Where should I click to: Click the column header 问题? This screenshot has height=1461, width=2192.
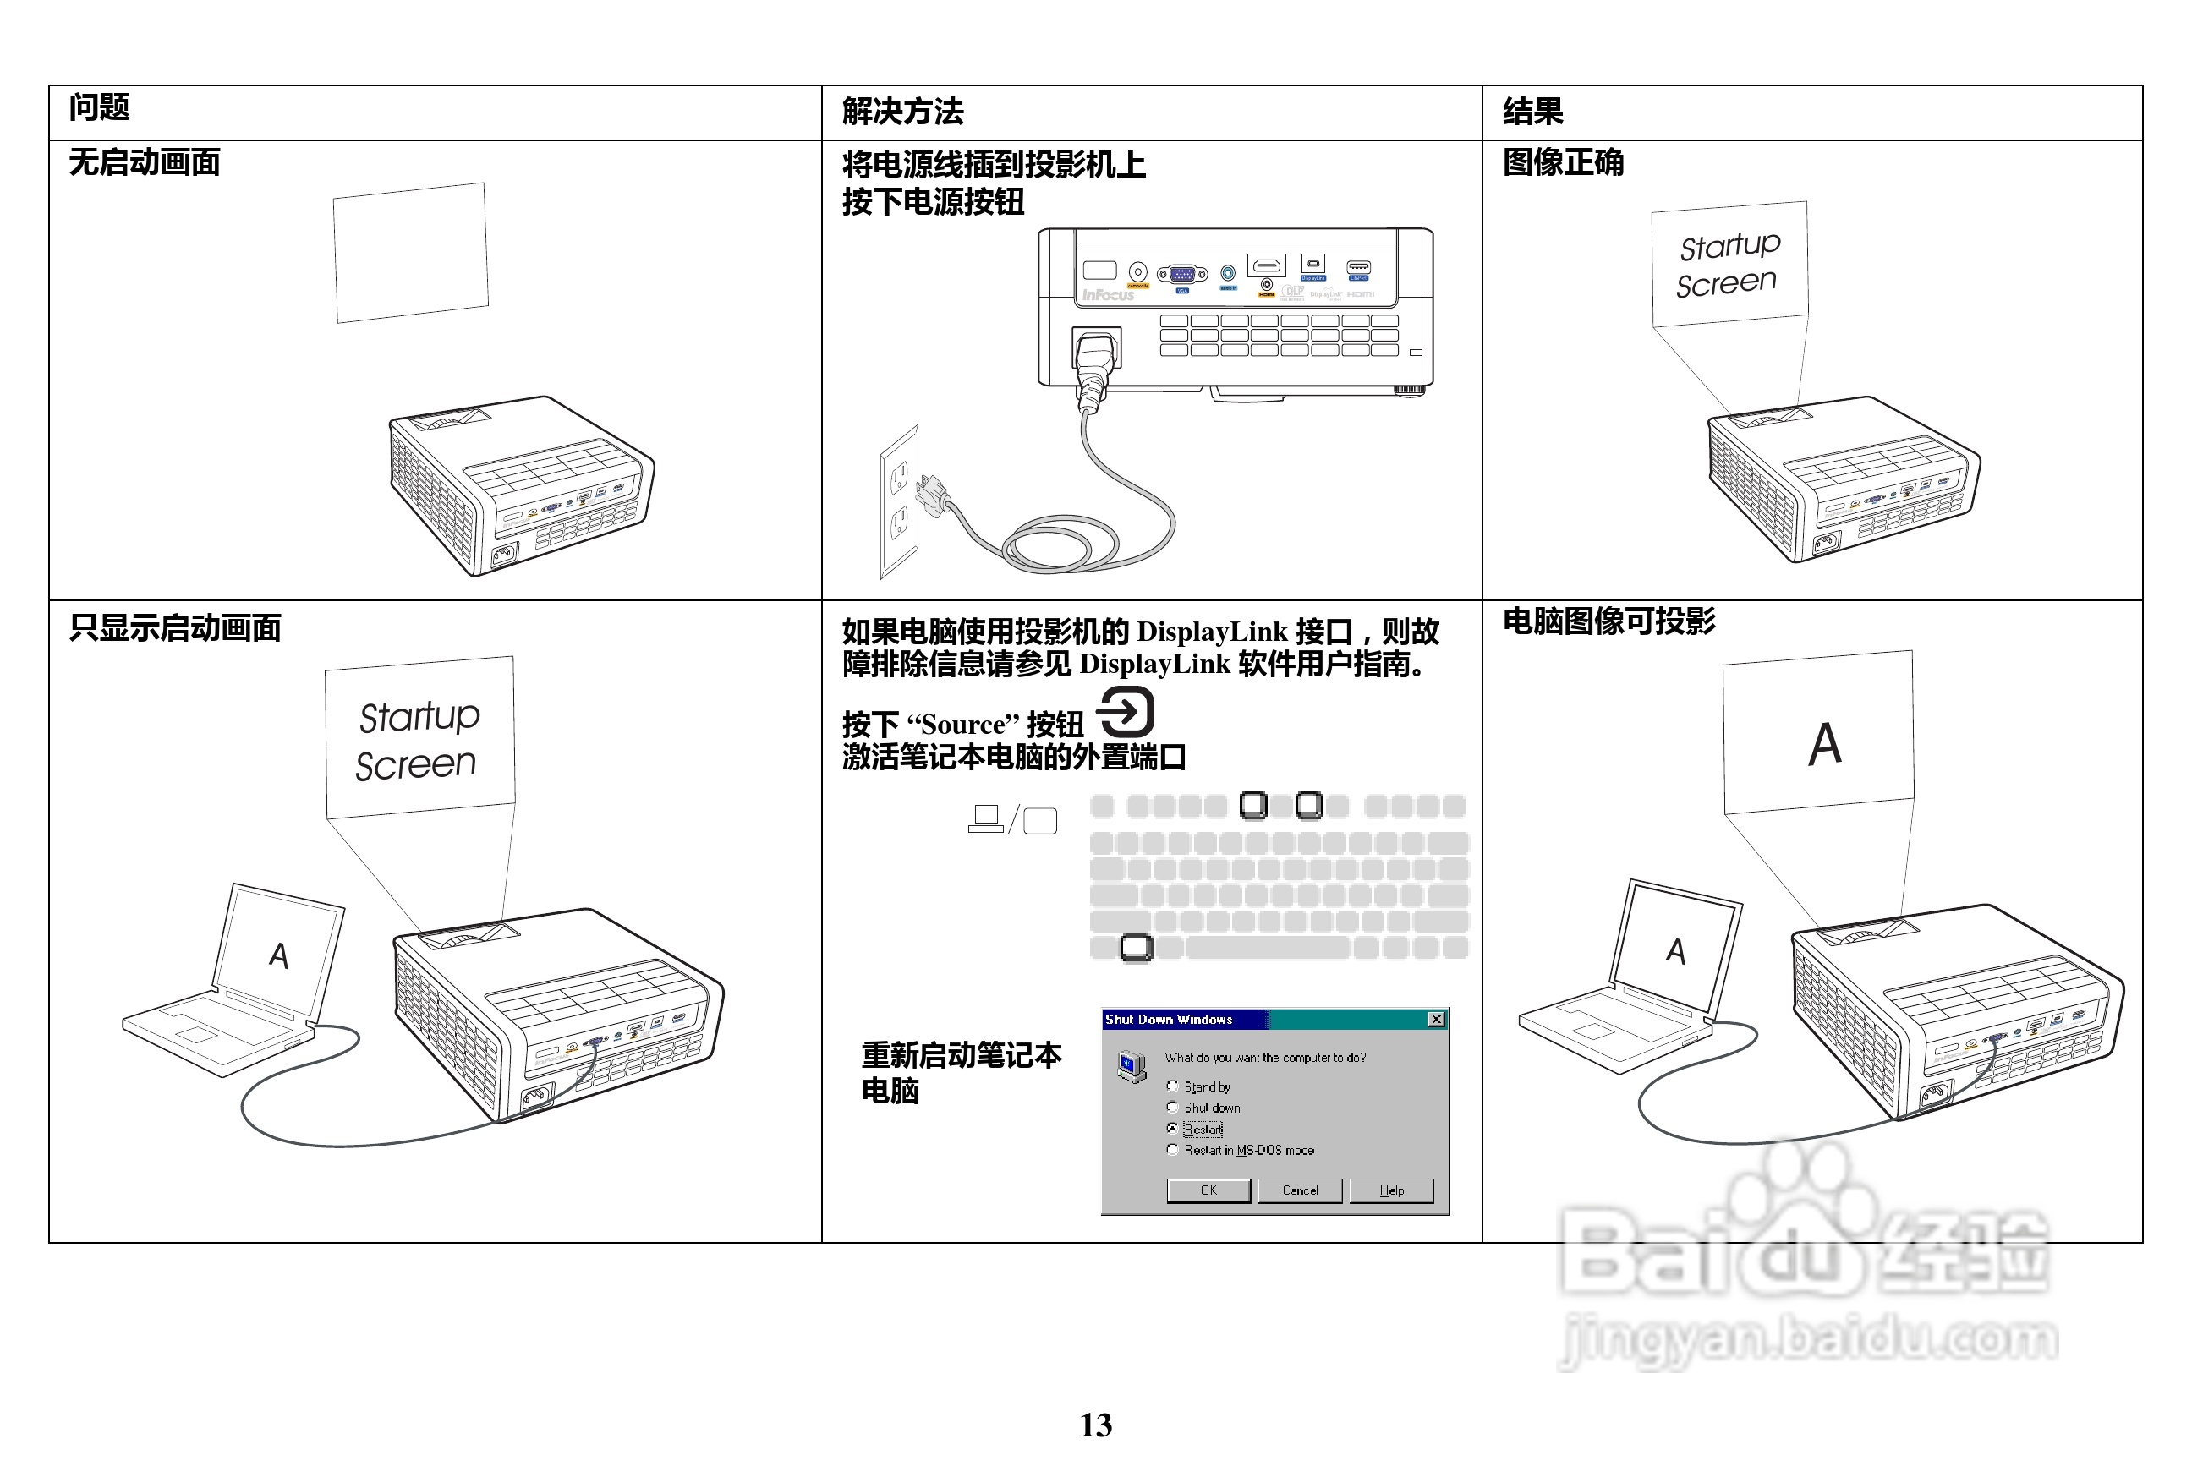click(99, 108)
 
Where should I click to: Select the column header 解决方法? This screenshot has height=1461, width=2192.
click(902, 112)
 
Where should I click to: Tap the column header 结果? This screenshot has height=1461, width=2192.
click(1532, 112)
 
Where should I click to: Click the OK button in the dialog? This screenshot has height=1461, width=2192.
click(1208, 1190)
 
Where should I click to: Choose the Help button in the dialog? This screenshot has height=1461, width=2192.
click(1391, 1190)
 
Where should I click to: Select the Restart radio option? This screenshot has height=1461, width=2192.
click(1172, 1129)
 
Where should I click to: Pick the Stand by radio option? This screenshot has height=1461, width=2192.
click(1172, 1086)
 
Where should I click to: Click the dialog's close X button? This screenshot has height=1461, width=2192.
click(1436, 1020)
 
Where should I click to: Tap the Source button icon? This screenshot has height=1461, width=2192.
click(1126, 712)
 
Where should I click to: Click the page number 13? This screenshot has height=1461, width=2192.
click(1096, 1425)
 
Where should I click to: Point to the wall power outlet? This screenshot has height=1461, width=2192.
click(899, 501)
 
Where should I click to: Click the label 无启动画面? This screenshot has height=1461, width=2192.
click(145, 163)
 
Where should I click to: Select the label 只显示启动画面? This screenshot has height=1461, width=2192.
click(175, 628)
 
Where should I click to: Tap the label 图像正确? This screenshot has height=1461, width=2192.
click(1563, 163)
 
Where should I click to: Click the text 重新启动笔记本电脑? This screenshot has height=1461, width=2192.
click(960, 1072)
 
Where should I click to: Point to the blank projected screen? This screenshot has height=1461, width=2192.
click(411, 253)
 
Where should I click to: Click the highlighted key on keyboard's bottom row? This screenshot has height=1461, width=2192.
click(1136, 948)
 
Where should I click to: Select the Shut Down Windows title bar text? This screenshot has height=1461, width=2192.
click(1169, 1020)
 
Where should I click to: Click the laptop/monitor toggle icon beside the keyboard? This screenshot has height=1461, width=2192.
click(1013, 819)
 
